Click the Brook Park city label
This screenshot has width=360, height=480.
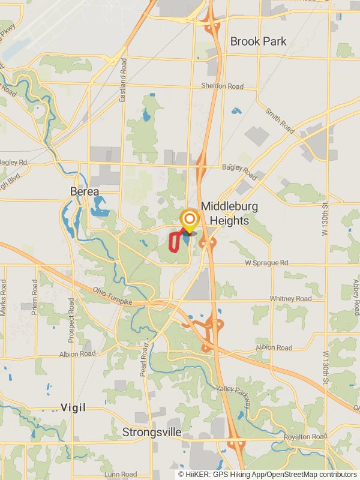pos(259,41)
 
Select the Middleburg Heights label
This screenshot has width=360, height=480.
pos(229,213)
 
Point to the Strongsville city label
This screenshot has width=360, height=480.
pos(152,432)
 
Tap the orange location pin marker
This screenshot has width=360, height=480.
pos(190,220)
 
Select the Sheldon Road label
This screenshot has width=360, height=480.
pos(222,86)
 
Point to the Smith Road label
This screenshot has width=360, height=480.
pos(279,120)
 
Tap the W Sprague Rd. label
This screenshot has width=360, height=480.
pos(266,263)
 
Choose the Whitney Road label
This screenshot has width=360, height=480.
pos(290,298)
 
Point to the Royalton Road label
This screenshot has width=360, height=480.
pos(305,437)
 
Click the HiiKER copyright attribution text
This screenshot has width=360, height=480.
pos(267,474)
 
